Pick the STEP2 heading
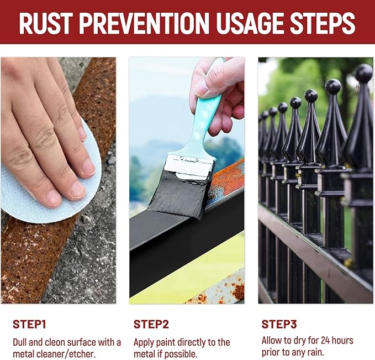151,325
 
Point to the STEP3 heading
279,324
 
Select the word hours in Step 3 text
342,340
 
